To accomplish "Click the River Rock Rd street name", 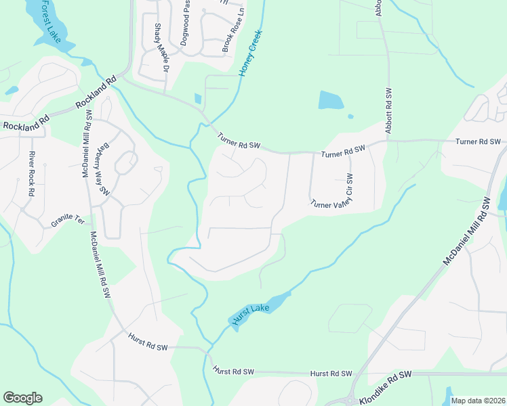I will click(x=31, y=173).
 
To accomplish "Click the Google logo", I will click(x=22, y=398).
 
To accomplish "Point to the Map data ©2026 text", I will click(x=479, y=401).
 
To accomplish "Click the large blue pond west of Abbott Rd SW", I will click(x=331, y=100).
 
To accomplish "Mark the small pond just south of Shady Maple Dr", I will click(x=197, y=99).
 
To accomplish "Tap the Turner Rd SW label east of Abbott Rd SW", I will click(x=478, y=141).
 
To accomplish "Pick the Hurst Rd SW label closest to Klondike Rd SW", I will click(x=331, y=374).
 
